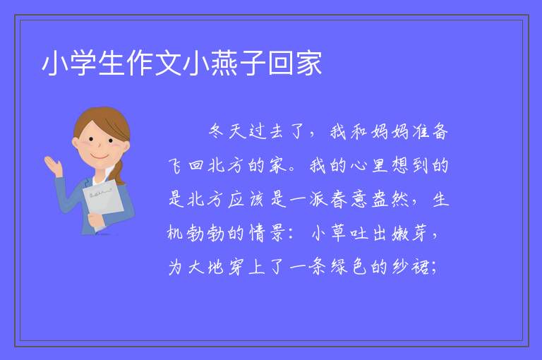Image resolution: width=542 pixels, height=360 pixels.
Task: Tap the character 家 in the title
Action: click(x=309, y=63)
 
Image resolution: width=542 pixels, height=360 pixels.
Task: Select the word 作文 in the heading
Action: click(x=154, y=63)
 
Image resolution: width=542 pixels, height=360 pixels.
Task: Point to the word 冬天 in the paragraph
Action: click(x=227, y=131)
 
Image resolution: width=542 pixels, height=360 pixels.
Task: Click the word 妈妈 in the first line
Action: click(x=390, y=131)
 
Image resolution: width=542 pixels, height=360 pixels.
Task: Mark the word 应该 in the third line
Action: click(x=247, y=200)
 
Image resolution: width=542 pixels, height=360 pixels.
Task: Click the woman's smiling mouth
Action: click(x=100, y=157)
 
